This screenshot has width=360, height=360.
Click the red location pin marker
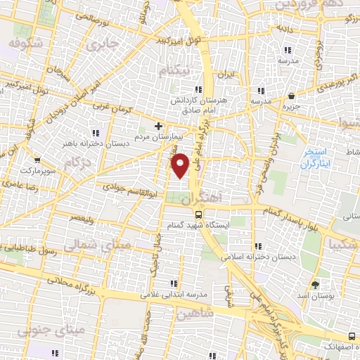(x=181, y=165)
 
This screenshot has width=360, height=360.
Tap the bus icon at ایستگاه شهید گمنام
(x=199, y=214)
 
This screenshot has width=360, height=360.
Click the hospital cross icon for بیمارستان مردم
(x=158, y=125)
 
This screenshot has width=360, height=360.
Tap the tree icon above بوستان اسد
(x=314, y=285)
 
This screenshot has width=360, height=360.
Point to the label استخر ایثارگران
(x=314, y=158)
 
